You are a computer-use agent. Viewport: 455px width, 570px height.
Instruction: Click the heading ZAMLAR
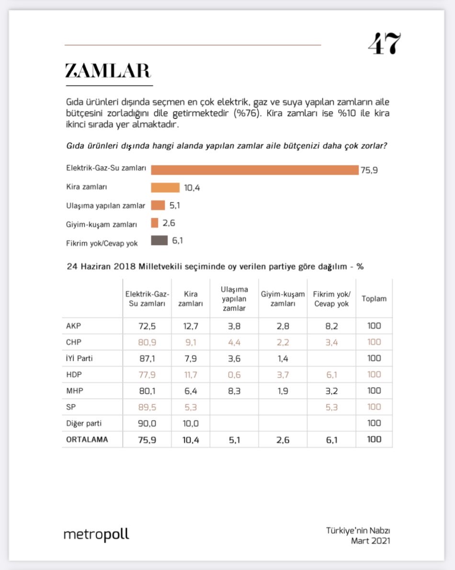point(108,71)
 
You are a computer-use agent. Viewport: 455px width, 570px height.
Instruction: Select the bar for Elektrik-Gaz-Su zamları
point(254,170)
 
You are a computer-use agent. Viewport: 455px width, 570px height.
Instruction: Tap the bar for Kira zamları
point(165,188)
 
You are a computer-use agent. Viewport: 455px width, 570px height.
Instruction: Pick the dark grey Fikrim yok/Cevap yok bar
point(159,241)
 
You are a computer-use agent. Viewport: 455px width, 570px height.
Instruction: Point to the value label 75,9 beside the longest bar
point(369,170)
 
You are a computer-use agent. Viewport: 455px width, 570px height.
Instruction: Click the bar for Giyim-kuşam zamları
point(155,223)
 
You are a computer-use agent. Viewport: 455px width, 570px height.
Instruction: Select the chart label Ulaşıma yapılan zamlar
point(105,206)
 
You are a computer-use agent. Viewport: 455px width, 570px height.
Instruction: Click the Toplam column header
point(374,299)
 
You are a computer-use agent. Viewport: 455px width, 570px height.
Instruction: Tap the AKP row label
point(74,326)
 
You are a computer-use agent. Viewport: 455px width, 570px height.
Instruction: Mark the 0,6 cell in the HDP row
point(234,375)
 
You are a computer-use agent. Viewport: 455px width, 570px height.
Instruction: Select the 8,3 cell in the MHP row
point(234,391)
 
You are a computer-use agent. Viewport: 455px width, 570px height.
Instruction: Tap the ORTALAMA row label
point(87,440)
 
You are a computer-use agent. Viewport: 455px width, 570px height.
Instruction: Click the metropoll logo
point(96,534)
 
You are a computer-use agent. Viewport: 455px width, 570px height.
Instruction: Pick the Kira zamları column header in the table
point(190,299)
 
